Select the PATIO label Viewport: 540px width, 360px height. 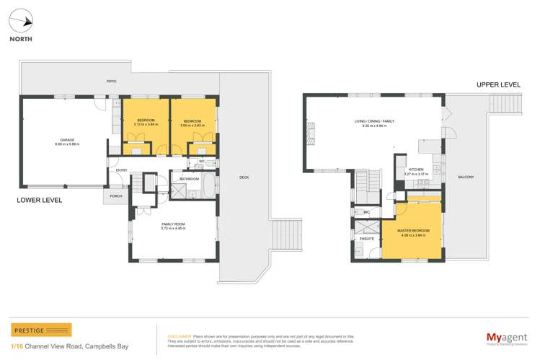[112, 82]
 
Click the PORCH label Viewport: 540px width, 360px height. [116, 196]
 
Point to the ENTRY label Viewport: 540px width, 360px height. [121, 170]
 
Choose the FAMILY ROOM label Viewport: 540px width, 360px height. [173, 224]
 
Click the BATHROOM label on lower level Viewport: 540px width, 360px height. [189, 178]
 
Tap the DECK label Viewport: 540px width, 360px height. [244, 177]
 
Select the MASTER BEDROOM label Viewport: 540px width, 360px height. [414, 231]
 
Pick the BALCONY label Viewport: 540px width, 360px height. [464, 177]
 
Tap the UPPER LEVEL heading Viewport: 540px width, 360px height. [498, 84]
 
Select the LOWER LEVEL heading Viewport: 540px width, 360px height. [40, 200]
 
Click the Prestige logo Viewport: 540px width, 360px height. [42, 330]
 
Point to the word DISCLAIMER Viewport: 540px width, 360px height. [180, 335]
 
